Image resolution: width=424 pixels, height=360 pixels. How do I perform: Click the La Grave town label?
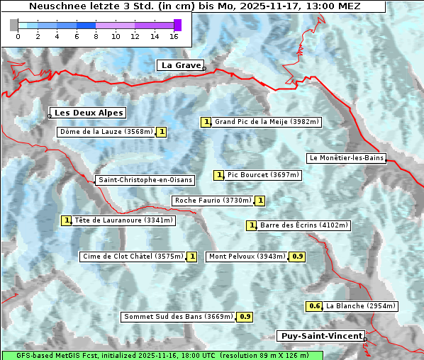[180, 65]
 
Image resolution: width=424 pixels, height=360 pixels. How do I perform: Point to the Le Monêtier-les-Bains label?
[347, 157]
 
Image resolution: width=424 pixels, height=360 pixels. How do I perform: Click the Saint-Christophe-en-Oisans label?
[145, 180]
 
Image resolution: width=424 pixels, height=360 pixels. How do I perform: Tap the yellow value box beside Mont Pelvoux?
[298, 257]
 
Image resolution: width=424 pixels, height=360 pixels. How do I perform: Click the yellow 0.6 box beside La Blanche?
[315, 306]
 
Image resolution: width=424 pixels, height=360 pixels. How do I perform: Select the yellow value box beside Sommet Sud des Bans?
[245, 317]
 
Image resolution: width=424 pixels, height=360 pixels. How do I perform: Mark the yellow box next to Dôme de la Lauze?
[162, 131]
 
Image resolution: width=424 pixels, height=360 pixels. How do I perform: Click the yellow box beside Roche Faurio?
[260, 201]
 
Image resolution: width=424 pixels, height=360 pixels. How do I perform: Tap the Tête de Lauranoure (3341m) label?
[123, 220]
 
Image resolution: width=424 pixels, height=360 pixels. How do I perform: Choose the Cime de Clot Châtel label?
[132, 257]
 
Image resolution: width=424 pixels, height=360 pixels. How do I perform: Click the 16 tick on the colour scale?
[174, 36]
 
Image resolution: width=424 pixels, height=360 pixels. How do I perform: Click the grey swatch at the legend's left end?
[14, 25]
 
